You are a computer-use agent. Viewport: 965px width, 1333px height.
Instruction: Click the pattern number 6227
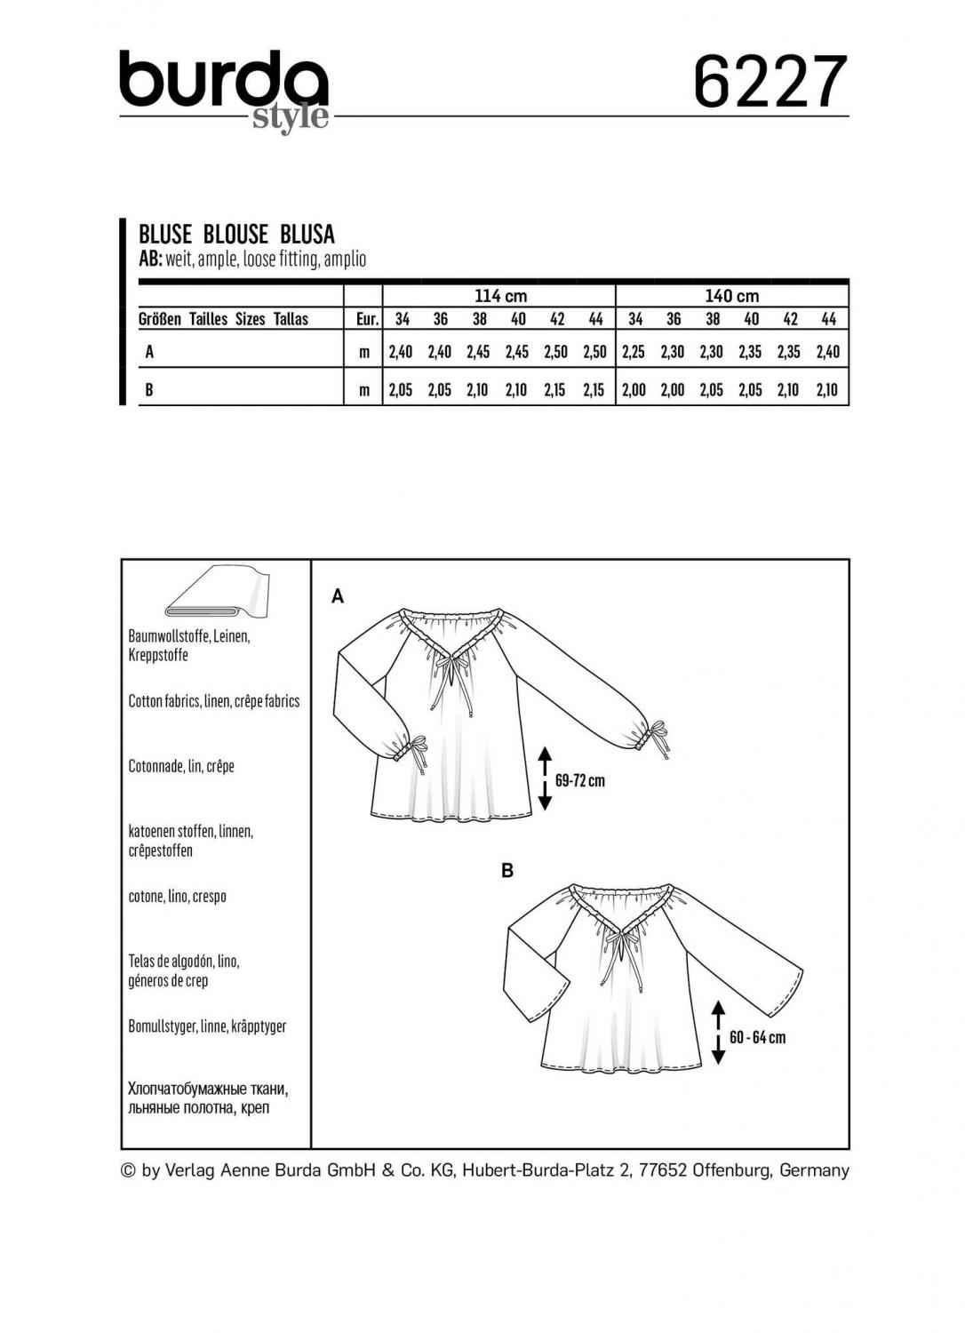(770, 82)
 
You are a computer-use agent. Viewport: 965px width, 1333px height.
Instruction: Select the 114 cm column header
(499, 296)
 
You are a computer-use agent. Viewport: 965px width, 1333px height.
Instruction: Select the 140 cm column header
(731, 296)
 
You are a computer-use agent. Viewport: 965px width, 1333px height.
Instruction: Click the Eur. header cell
(363, 319)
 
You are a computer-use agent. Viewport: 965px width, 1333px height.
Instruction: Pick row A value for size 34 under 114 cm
(401, 352)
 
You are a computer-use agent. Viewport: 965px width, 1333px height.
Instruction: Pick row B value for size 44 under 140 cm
(827, 390)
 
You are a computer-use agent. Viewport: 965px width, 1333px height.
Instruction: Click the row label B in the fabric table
(149, 390)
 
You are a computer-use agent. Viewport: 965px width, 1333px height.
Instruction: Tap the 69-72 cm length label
(580, 781)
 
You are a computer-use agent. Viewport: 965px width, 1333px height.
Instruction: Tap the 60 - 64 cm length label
(757, 1037)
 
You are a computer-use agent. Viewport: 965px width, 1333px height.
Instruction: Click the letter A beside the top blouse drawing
(338, 597)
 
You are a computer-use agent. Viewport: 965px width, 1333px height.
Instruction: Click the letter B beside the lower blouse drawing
(507, 871)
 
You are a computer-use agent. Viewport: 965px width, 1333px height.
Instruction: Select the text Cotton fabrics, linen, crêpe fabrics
(214, 701)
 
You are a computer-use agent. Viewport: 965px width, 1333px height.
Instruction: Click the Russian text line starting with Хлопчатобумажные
(209, 1089)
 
